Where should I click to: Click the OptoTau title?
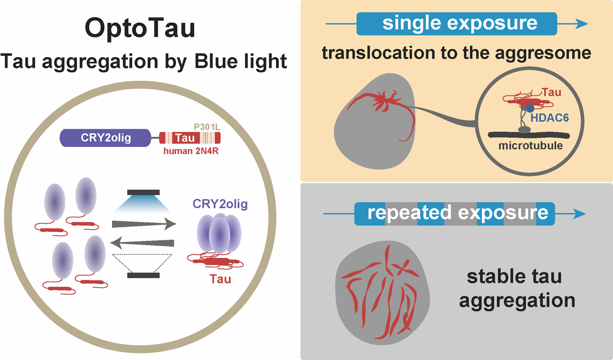pyautogui.click(x=140, y=28)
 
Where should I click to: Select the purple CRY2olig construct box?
pyautogui.click(x=106, y=138)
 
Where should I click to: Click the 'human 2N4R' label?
pyautogui.click(x=191, y=151)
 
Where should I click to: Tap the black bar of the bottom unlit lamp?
pyautogui.click(x=143, y=275)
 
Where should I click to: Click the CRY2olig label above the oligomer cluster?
pyautogui.click(x=220, y=204)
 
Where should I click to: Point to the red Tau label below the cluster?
pyautogui.click(x=220, y=279)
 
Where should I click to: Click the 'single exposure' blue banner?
pyautogui.click(x=457, y=24)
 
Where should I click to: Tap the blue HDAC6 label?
pyautogui.click(x=550, y=118)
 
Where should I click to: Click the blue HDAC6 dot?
pyautogui.click(x=530, y=108)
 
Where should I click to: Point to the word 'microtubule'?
pyautogui.click(x=531, y=146)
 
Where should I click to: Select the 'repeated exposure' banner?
pyautogui.click(x=454, y=213)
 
